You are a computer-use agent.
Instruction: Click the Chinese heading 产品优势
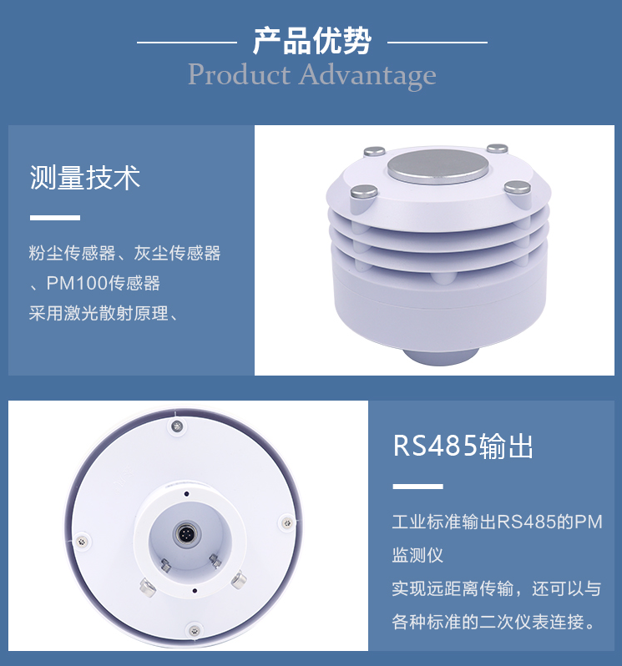click(311, 40)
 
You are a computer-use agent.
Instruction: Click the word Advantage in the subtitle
click(367, 75)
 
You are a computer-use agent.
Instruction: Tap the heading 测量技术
click(85, 178)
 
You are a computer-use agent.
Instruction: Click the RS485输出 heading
click(463, 447)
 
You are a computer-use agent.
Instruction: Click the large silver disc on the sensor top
click(437, 167)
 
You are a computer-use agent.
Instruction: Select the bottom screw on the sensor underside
click(194, 628)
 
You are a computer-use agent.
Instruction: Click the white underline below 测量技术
click(54, 218)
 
